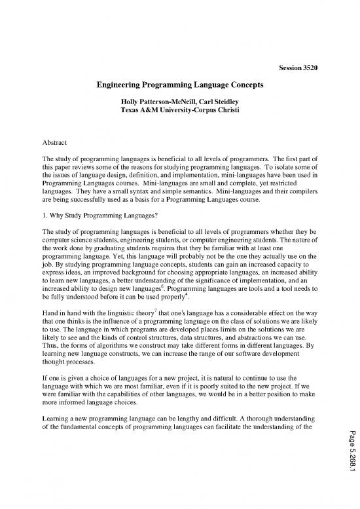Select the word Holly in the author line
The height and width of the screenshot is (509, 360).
tap(133, 102)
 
